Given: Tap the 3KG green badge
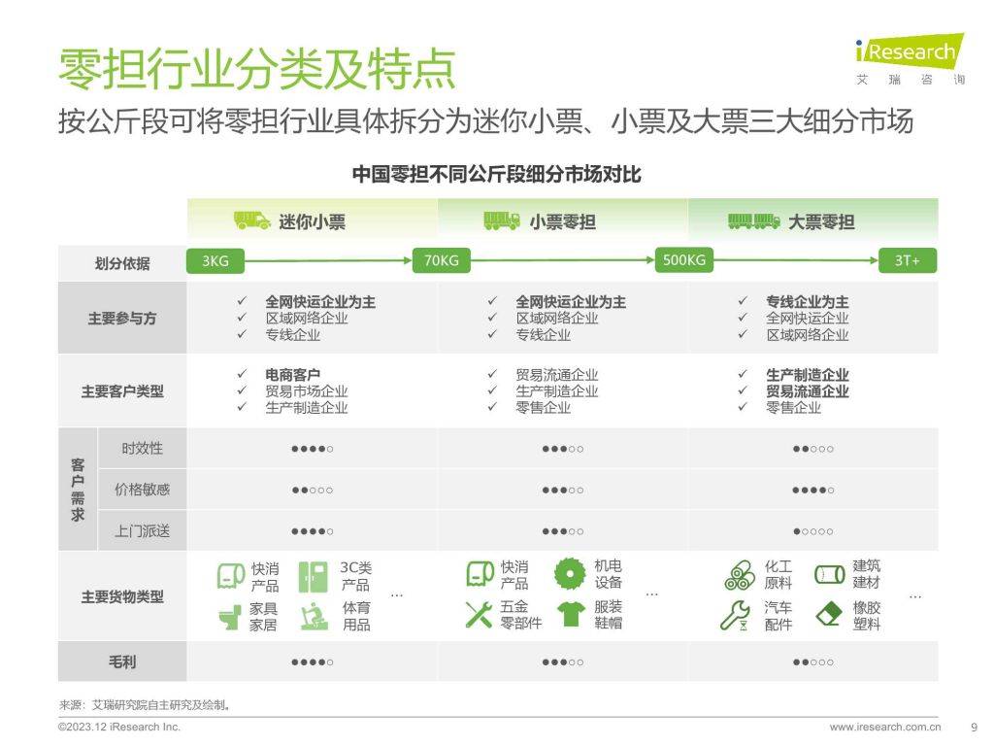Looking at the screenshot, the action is [x=215, y=260].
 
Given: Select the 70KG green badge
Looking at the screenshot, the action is [x=442, y=260].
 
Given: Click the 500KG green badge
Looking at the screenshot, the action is [x=684, y=260].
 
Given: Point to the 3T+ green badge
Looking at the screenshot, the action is [x=908, y=260].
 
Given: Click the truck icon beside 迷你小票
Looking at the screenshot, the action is [x=251, y=220].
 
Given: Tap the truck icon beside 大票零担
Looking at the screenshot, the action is [x=753, y=220].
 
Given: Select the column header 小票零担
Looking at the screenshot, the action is [x=562, y=222].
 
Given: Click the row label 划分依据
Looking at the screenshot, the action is [x=122, y=263].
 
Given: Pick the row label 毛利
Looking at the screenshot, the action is [x=122, y=661].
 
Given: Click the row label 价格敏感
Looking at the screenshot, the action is [x=142, y=490].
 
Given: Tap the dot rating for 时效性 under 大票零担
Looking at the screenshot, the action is [x=813, y=449].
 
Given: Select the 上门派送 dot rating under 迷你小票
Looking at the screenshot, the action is [x=313, y=531].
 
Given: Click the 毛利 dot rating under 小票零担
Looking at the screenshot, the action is [x=563, y=662].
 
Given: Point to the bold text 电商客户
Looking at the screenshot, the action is [x=293, y=375].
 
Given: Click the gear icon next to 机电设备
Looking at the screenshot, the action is [x=570, y=574].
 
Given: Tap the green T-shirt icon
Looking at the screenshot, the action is [x=571, y=614].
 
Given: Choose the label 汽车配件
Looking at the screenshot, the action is [x=779, y=616].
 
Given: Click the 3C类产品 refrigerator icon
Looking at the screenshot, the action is [x=314, y=577].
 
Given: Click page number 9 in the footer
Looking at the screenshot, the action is [x=975, y=727].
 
